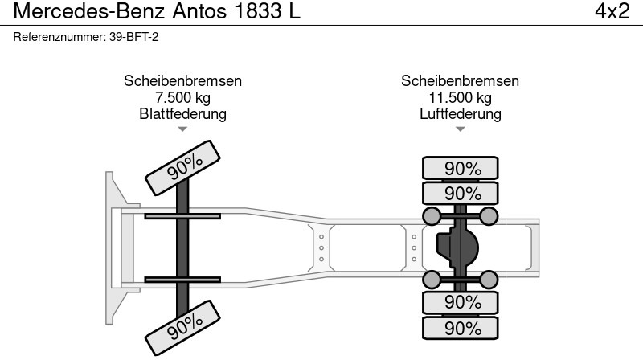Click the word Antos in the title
pos(199,11)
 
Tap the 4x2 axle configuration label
pos(612,11)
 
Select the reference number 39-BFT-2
pos(133,37)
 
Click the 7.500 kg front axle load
pos(183,97)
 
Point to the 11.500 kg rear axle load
pos(460,97)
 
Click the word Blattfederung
pos(183,113)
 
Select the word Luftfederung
pos(460,113)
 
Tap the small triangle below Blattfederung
pos(182,129)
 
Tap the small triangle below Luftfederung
pos(460,129)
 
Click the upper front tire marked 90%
pos(183,168)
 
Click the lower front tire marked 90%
pos(183,328)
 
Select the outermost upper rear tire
pos(460,168)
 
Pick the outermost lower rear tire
pos(460,328)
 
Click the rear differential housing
pos(457,247)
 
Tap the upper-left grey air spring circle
pos(432,216)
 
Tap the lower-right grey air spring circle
pos(489,280)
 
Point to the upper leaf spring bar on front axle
pos(182,216)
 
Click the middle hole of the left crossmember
pos(321,248)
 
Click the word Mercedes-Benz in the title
pos(89,11)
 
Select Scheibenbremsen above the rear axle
pos(460,81)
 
